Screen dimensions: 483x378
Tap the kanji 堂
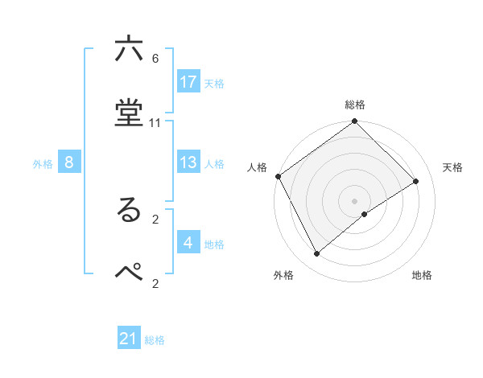click(129, 114)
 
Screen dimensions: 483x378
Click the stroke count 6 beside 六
click(155, 59)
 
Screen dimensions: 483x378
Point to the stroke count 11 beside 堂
click(155, 123)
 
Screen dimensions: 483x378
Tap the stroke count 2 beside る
click(155, 218)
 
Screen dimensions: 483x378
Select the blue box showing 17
click(188, 82)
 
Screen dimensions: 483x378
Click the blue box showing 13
click(188, 162)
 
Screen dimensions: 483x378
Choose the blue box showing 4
click(188, 242)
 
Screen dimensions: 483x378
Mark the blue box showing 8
click(69, 162)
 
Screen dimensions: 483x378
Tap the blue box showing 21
click(129, 339)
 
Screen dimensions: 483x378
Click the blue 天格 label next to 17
click(214, 83)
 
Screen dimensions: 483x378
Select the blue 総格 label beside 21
click(155, 340)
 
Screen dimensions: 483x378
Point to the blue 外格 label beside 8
click(43, 163)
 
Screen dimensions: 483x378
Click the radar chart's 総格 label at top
click(355, 105)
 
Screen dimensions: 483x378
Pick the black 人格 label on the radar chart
click(258, 167)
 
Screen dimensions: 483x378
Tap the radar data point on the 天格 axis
click(416, 182)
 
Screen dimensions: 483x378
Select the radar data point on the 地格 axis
click(365, 214)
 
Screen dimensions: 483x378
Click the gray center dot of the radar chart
click(355, 200)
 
